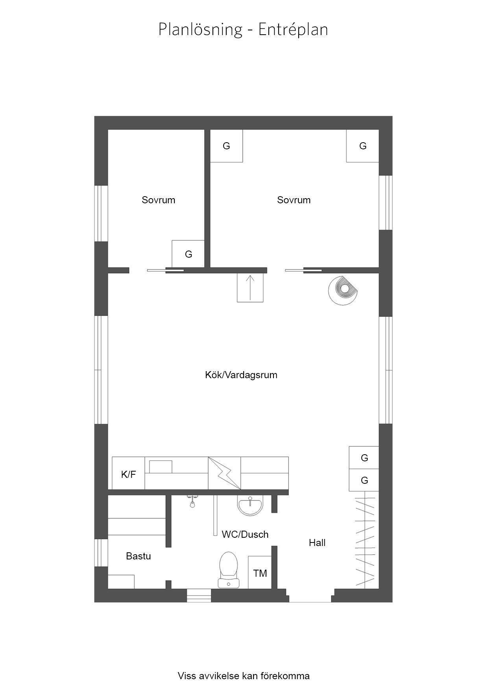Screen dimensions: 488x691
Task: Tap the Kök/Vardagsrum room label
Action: tap(241, 375)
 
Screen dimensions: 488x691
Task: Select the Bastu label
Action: tap(139, 556)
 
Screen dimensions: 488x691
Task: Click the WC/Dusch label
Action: tap(245, 535)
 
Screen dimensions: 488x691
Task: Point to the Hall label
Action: tap(317, 543)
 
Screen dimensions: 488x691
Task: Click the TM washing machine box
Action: tap(260, 572)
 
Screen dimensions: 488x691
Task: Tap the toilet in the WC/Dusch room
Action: tap(229, 570)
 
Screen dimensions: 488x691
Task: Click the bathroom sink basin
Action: tap(250, 505)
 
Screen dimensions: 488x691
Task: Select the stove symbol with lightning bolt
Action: tap(224, 473)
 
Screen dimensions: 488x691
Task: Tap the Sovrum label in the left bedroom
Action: tap(159, 200)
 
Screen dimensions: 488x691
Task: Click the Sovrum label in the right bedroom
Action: tap(294, 200)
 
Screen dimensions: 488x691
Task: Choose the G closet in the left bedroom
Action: tap(188, 254)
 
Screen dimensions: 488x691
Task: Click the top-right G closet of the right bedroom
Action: tap(362, 146)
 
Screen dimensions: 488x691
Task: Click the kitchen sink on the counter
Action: tap(161, 466)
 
